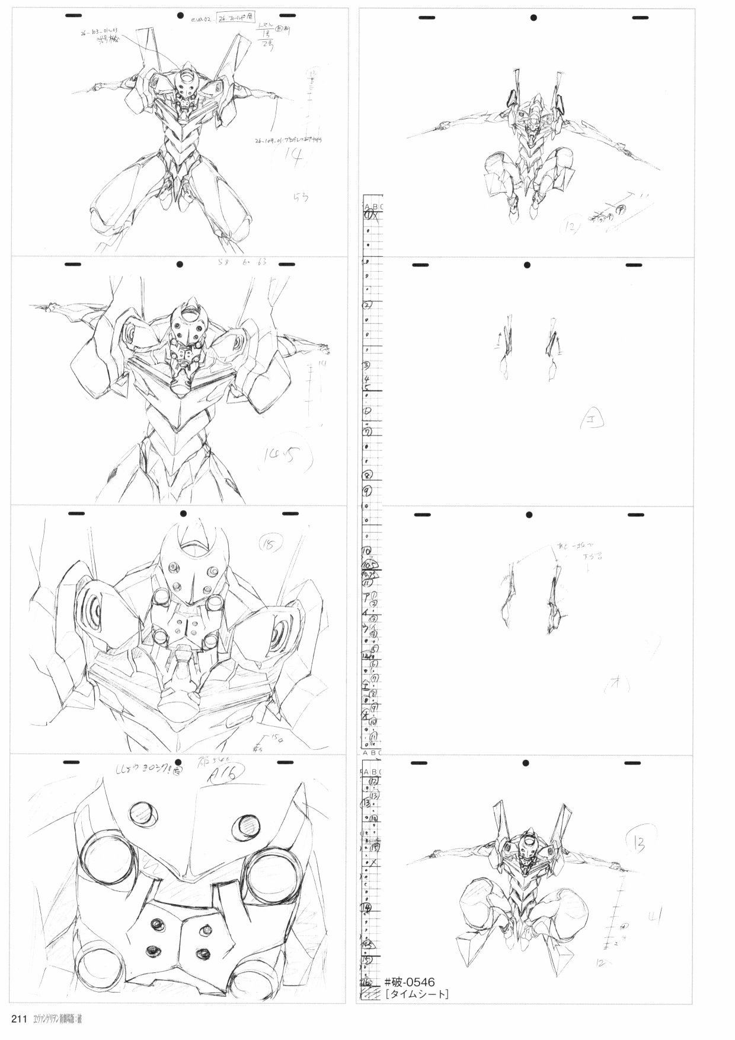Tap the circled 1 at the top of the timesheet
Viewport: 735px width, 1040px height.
[x=368, y=215]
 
